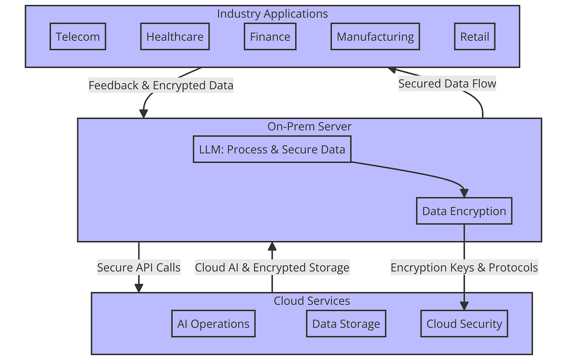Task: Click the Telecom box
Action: tap(78, 37)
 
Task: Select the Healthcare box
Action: tap(175, 37)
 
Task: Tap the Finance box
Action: tap(270, 37)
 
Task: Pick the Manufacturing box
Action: tap(375, 37)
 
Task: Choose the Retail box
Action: tap(474, 37)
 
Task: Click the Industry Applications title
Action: tap(272, 14)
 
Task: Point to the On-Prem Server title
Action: tap(309, 127)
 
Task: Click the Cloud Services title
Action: tap(312, 301)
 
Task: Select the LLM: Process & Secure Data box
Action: tap(272, 150)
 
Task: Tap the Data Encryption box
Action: tap(464, 211)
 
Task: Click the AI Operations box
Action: tap(213, 324)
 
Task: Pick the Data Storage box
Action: tap(346, 324)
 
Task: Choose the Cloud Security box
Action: tap(464, 324)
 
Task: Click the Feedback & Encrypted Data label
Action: tap(161, 86)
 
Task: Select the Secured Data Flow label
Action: tap(447, 84)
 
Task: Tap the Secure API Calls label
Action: tap(139, 267)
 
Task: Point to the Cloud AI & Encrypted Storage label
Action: tap(272, 267)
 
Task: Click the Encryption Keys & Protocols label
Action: tap(464, 267)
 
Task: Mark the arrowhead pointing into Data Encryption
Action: tap(464, 193)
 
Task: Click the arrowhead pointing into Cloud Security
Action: tap(464, 306)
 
